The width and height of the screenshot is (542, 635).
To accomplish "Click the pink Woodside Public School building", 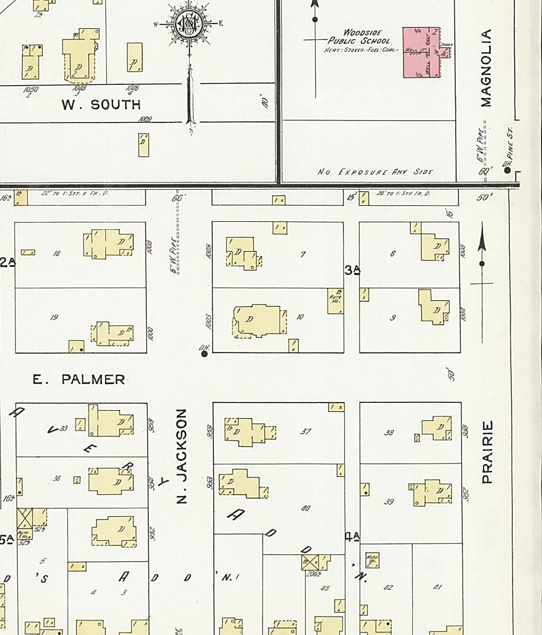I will [x=421, y=52].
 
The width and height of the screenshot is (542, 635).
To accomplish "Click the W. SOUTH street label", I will [x=101, y=105].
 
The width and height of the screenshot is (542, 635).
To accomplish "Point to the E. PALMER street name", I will [x=79, y=379].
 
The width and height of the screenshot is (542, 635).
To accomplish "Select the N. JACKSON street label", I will [x=182, y=456].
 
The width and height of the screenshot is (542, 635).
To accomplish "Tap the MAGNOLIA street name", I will [x=487, y=68].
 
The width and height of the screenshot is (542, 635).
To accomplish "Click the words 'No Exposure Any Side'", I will [x=375, y=172].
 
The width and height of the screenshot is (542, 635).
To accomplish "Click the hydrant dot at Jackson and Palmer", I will [x=205, y=353].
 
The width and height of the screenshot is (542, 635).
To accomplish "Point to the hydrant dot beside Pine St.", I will [x=507, y=170].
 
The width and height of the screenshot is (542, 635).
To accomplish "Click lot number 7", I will [x=303, y=255].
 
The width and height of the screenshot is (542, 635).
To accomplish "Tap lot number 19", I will [x=53, y=317].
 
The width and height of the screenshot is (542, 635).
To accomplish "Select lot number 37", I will [x=305, y=431].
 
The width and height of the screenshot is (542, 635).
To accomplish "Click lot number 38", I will [x=389, y=432].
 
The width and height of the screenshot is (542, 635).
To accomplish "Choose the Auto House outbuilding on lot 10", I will [x=336, y=301].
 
